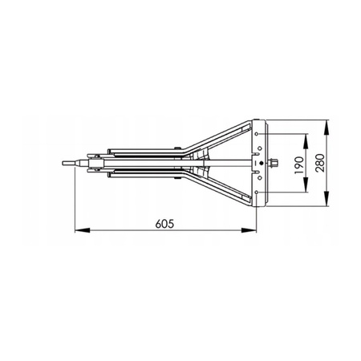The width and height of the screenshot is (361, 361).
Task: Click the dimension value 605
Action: pyautogui.click(x=164, y=224)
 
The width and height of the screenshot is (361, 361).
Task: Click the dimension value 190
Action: pyautogui.click(x=299, y=165)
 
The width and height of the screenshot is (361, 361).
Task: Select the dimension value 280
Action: pyautogui.click(x=320, y=163)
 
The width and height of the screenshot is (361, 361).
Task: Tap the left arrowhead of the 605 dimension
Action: pyautogui.click(x=82, y=230)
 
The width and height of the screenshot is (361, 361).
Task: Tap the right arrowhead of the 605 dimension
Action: pyautogui.click(x=249, y=230)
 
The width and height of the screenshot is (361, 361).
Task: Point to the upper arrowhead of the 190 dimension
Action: pyautogui.click(x=306, y=141)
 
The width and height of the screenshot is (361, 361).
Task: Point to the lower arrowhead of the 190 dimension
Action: pyautogui.click(x=306, y=185)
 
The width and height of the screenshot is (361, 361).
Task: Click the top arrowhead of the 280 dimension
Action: pyautogui.click(x=327, y=128)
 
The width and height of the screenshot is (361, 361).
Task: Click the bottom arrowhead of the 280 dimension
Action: pyautogui.click(x=327, y=198)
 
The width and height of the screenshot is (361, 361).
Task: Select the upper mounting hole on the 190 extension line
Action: pyautogui.click(x=257, y=134)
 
